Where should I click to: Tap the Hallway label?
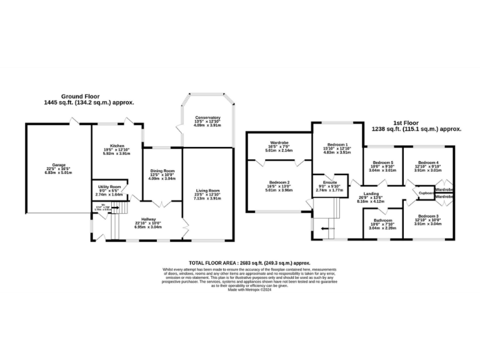[148, 219]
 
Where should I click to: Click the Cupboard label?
[426, 193]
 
